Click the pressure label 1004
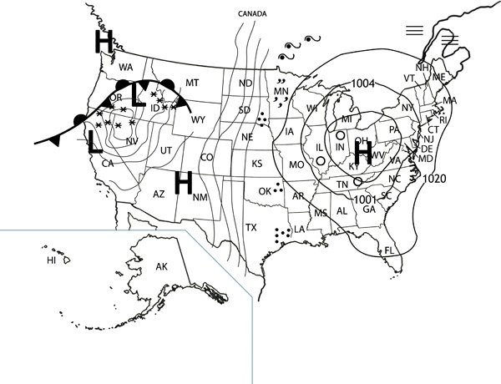[x=363, y=83]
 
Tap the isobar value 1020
[x=435, y=179]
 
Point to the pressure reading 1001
[x=365, y=200]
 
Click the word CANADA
[x=254, y=14]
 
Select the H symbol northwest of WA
[x=104, y=41]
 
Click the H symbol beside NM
[x=184, y=181]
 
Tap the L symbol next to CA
[x=95, y=143]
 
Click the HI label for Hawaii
[x=51, y=260]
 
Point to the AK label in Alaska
[x=163, y=266]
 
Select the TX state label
[x=250, y=227]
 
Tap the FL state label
[x=388, y=250]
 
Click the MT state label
[x=192, y=82]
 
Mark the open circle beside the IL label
[x=321, y=160]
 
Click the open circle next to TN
[x=357, y=181]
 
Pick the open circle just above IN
[x=341, y=135]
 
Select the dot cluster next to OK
[x=277, y=189]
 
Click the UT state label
[x=166, y=149]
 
